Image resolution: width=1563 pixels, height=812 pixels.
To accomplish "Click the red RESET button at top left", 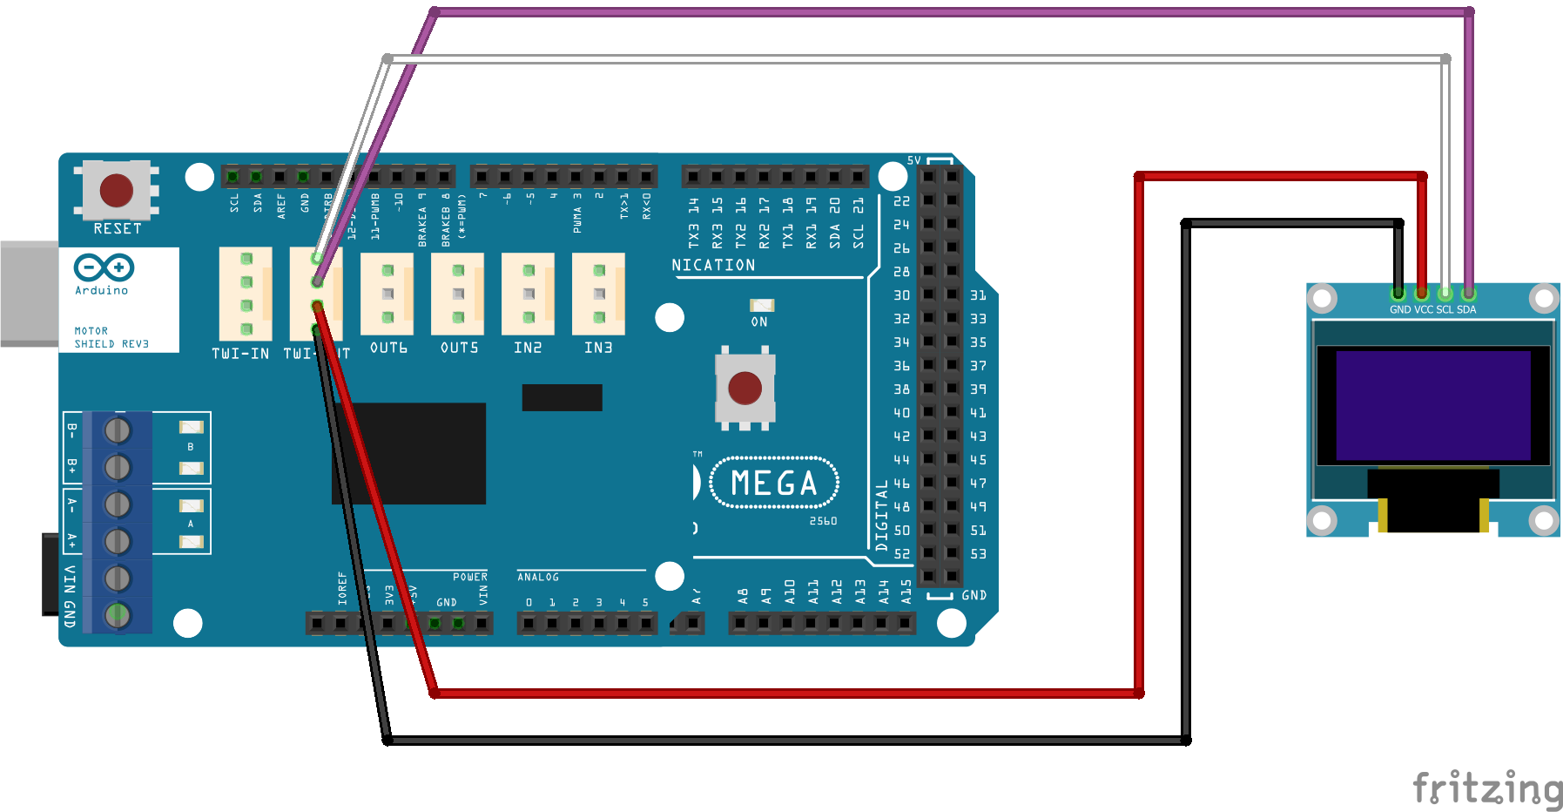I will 116,190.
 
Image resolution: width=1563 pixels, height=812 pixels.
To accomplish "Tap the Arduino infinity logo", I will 104,267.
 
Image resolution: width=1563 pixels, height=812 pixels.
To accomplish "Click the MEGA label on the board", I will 774,483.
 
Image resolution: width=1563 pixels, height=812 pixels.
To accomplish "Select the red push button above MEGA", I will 744,388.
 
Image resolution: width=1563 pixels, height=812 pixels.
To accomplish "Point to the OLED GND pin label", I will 1400,309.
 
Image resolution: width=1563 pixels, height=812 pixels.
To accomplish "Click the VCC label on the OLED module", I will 1424,309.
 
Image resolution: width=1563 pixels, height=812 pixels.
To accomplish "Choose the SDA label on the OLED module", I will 1466,309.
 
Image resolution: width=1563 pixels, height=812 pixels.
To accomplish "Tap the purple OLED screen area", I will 1432,405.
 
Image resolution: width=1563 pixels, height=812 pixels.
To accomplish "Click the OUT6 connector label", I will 388,348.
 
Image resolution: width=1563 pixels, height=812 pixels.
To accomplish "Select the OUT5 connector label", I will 459,348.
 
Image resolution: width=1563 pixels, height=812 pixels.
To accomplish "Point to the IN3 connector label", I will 598,348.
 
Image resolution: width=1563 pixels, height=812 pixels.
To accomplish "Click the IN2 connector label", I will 528,348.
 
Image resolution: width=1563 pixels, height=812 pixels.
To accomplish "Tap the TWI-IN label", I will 240,353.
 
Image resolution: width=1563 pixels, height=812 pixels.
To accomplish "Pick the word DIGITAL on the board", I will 881,514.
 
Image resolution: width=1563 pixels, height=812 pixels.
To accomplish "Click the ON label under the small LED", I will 759,321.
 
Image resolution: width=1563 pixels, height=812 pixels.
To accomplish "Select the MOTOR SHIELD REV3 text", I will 111,337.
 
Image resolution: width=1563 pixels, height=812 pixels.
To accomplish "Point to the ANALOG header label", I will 538,577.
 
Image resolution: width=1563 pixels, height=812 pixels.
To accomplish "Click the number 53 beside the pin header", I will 979,554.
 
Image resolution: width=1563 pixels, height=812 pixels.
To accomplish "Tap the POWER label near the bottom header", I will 470,577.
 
